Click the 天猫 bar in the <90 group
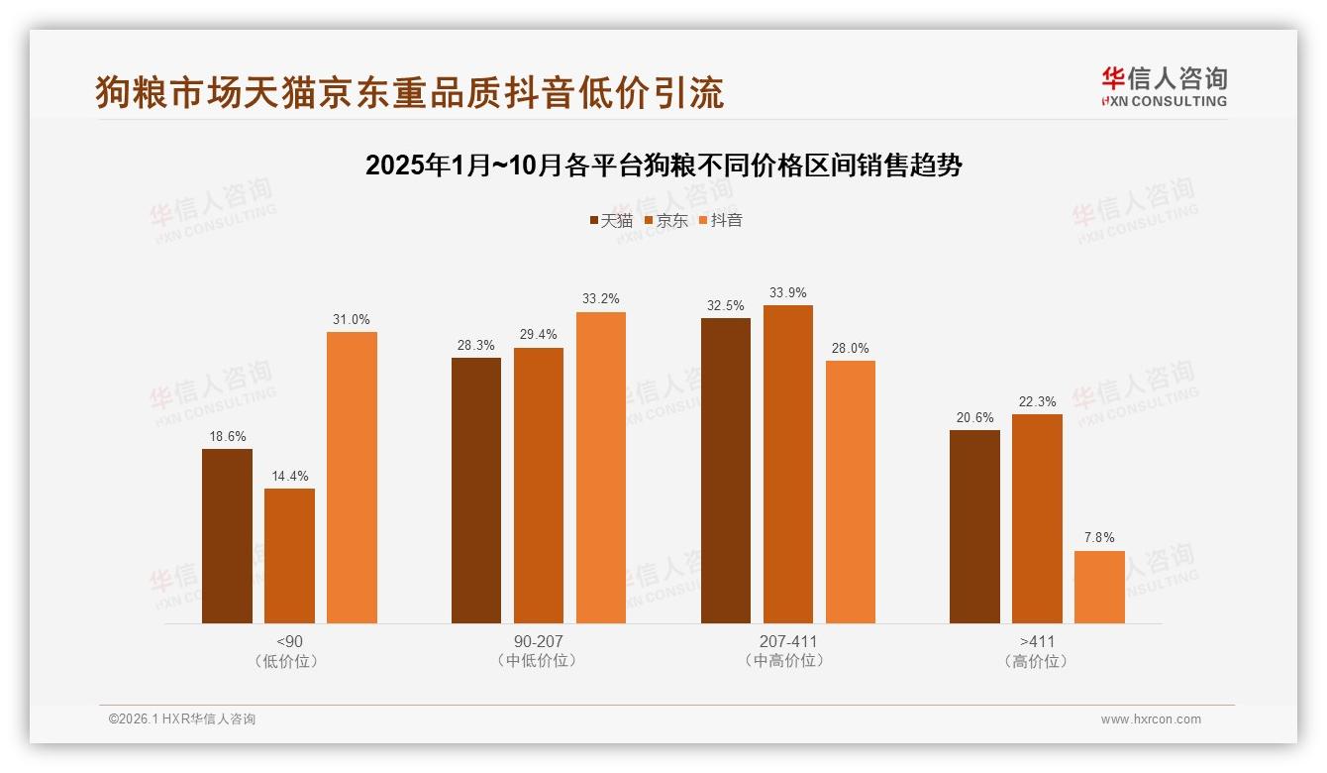click(227, 536)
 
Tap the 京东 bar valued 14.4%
click(289, 556)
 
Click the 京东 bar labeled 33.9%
click(788, 464)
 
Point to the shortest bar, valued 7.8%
click(1099, 587)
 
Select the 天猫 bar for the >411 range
click(974, 526)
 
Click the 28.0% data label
click(851, 349)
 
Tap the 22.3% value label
click(1037, 402)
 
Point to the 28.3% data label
click(476, 346)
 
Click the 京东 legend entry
click(665, 221)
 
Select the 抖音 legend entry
click(720, 221)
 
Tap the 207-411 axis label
click(788, 641)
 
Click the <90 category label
click(289, 641)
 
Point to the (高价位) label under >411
click(1037, 661)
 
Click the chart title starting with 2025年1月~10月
click(663, 166)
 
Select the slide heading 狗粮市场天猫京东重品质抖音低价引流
click(410, 92)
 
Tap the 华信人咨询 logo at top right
click(1164, 86)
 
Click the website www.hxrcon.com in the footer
click(1151, 719)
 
